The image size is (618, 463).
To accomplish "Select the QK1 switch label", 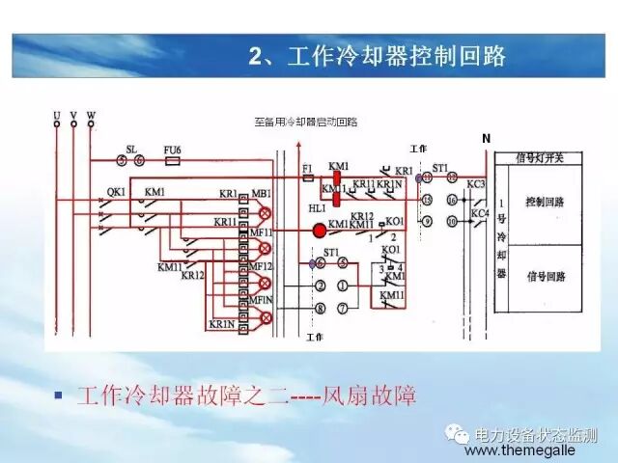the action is click(116, 191).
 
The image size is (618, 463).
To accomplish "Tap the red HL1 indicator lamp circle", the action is click(319, 231).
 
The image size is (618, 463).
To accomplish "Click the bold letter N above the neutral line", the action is click(486, 139).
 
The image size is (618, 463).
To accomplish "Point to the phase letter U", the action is click(57, 115).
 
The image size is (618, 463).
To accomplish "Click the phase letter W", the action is click(91, 115).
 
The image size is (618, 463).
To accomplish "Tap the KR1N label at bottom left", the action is click(221, 325).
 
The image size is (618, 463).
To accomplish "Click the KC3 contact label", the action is click(476, 184).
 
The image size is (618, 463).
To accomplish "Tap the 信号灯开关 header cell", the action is click(538, 157).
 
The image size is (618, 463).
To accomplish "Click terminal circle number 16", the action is click(450, 200).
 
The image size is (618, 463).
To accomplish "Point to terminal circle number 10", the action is click(450, 222).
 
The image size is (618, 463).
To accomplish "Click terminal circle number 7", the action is click(341, 309).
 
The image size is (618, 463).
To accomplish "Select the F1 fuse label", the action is click(307, 168).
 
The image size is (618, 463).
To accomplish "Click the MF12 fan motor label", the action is click(262, 265).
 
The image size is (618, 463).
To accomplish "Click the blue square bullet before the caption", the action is click(59, 395).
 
